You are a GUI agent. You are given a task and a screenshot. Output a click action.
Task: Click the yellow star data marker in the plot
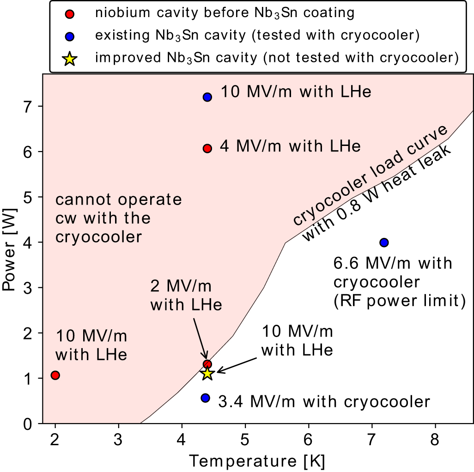[207, 373]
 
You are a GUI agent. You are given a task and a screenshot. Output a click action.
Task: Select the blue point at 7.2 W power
[207, 97]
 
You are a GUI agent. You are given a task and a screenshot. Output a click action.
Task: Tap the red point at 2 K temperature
[55, 375]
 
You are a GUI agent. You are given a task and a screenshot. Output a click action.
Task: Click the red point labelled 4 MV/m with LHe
[207, 148]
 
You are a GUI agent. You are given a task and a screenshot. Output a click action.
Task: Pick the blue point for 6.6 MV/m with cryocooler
[384, 242]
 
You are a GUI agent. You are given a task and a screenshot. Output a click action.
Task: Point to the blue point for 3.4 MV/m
[206, 398]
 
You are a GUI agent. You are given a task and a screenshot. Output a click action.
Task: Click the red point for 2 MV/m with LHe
[207, 364]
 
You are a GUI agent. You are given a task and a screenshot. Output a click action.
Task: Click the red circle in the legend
[69, 13]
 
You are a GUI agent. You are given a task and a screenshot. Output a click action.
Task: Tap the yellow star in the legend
[69, 59]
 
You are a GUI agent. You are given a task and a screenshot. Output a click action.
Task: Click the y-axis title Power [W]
[10, 249]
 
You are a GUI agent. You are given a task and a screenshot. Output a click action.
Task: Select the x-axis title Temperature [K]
[258, 461]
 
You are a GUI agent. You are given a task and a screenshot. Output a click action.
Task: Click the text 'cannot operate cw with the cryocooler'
[118, 218]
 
